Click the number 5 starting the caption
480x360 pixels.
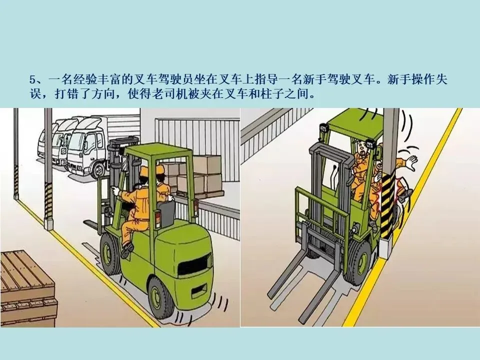click(33, 80)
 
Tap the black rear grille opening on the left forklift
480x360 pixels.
click(195, 263)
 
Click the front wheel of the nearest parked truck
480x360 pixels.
click(98, 169)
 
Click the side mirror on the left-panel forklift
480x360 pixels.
click(124, 164)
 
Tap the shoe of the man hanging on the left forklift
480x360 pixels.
click(127, 250)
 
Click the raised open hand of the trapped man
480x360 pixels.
click(411, 162)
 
